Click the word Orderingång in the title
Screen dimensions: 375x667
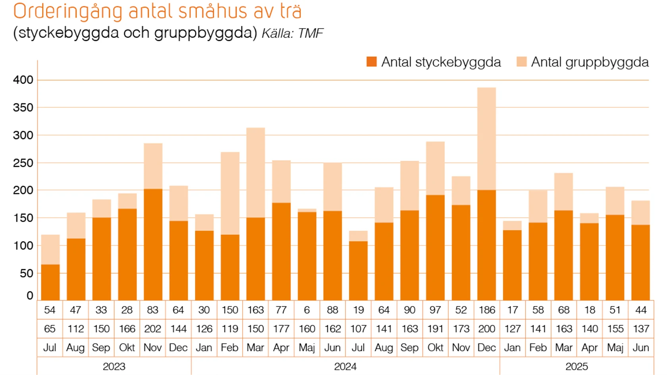(67, 12)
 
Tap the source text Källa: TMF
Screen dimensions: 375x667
(293, 33)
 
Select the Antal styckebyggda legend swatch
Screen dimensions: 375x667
(371, 62)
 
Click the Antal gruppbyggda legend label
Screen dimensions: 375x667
(590, 62)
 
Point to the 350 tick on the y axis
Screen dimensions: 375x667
(23, 107)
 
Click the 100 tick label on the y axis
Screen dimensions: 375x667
(23, 246)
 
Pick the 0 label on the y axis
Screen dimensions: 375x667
(30, 295)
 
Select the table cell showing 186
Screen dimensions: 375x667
(487, 310)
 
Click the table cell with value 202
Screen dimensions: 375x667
(152, 329)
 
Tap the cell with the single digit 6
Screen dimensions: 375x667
(307, 310)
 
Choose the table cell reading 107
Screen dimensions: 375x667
(358, 329)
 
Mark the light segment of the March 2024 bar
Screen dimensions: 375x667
(256, 172)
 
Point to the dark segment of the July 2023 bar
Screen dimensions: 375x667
(50, 282)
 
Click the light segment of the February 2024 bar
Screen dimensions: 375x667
(230, 193)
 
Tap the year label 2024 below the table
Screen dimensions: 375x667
(345, 367)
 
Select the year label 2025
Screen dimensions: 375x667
(576, 367)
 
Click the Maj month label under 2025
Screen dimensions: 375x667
(615, 348)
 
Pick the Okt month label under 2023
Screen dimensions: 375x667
(127, 348)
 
